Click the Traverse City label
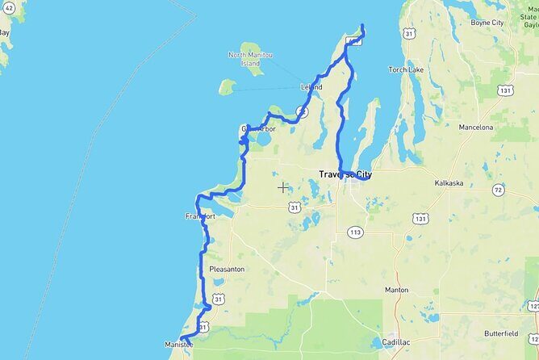(345, 174)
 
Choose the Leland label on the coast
(311, 87)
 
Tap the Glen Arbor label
(258, 129)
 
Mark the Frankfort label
(200, 216)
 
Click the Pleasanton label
(227, 269)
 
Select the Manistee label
(179, 345)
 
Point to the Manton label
(397, 289)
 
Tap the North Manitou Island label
(251, 59)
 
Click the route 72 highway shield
(499, 190)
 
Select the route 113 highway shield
(356, 232)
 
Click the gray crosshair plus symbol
(283, 187)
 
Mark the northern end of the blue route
(362, 27)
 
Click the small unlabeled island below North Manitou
(227, 86)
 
